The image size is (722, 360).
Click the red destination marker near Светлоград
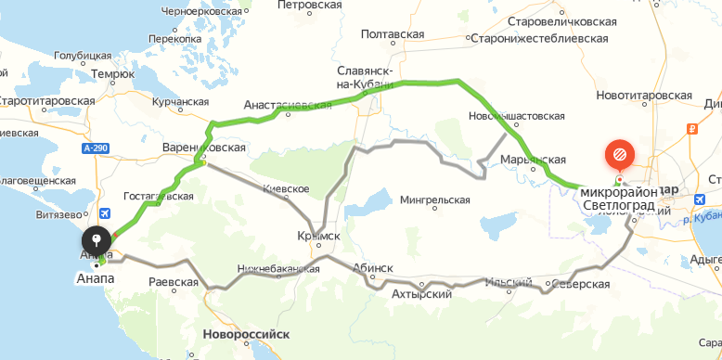(619, 154)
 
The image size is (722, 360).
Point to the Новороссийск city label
(247, 333)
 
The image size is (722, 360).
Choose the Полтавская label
(392, 34)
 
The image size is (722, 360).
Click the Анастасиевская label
(288, 106)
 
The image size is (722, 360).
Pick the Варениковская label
(203, 148)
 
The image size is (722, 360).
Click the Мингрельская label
(435, 199)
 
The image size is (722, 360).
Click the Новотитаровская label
(646, 96)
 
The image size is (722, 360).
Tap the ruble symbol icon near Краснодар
(692, 130)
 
